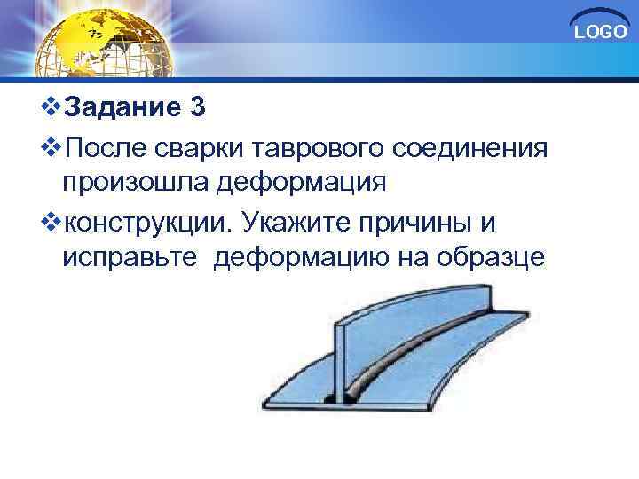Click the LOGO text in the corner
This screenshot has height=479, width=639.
[x=601, y=33]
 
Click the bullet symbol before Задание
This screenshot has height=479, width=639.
[x=51, y=108]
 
